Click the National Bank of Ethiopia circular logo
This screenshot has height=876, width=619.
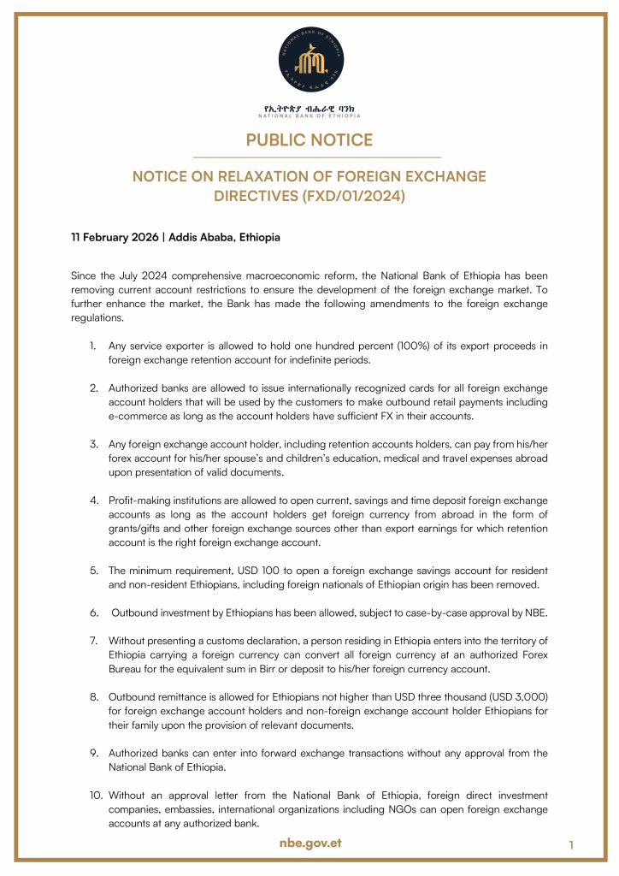309,57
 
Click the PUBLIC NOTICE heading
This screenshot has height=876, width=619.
309,139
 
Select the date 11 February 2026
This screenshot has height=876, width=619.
115,237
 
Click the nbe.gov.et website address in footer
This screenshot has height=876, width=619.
310,843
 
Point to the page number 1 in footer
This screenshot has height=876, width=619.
570,845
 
